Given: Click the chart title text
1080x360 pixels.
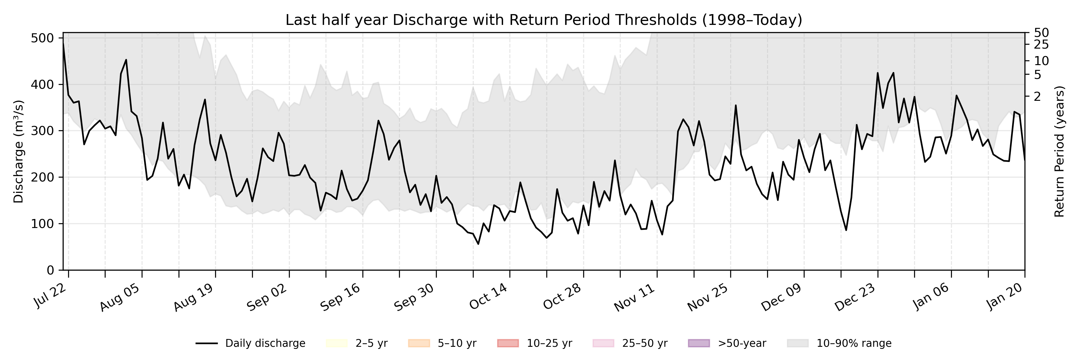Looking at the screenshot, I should pyautogui.click(x=543, y=20).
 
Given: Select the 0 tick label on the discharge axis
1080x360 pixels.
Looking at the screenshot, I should pyautogui.click(x=50, y=270).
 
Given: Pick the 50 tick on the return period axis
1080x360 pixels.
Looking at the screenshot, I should pyautogui.click(x=1041, y=33).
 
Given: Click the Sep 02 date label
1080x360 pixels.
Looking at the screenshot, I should pyautogui.click(x=267, y=297).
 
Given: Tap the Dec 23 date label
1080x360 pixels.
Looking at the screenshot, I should pyautogui.click(x=855, y=297).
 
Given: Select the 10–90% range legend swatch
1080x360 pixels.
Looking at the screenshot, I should pyautogui.click(x=798, y=343).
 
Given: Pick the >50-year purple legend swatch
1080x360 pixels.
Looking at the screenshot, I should pyautogui.click(x=699, y=343).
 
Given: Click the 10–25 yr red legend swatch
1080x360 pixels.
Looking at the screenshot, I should pyautogui.click(x=508, y=343).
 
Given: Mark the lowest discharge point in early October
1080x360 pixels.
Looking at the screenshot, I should pyautogui.click(x=478, y=244).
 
